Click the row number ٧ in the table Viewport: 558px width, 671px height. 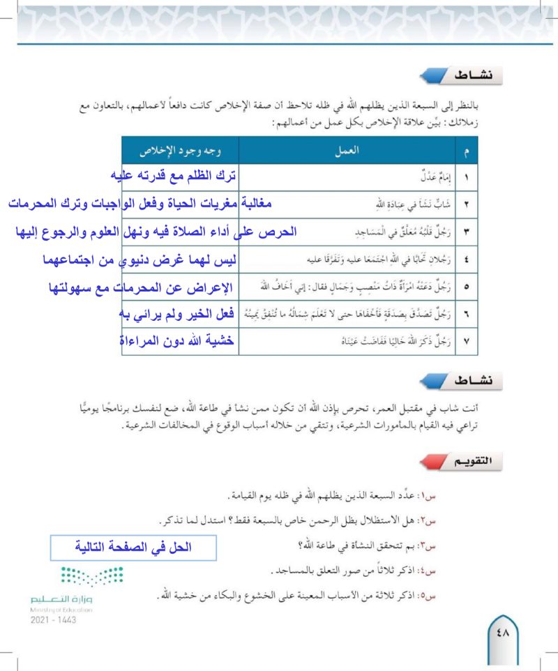click(466, 342)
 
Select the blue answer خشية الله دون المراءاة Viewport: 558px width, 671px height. click(176, 342)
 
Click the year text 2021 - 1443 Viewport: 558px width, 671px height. click(54, 618)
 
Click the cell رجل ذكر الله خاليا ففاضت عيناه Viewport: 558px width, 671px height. click(398, 342)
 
